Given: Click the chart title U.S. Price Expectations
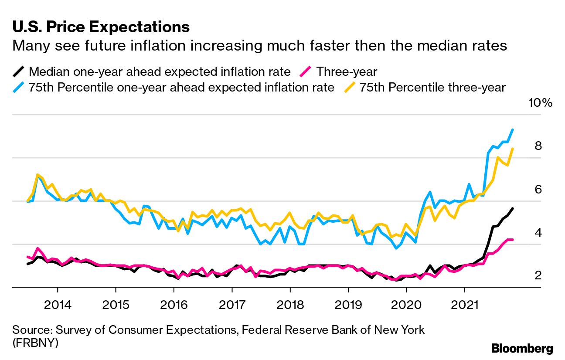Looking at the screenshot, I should (101, 27).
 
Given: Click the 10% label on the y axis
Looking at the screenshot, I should (540, 103).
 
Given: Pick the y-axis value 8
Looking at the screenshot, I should (538, 146).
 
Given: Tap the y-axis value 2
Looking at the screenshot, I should (538, 275).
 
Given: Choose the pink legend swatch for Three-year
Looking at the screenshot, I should (306, 71).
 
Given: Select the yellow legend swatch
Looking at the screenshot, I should (349, 87).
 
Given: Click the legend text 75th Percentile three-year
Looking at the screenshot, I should (432, 87).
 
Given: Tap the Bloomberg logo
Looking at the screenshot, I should (522, 348).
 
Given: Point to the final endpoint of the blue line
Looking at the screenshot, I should (513, 129).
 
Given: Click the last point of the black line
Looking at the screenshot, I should (513, 208).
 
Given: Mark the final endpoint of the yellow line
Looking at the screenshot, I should (513, 149).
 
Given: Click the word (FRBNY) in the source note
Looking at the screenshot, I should (35, 343).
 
